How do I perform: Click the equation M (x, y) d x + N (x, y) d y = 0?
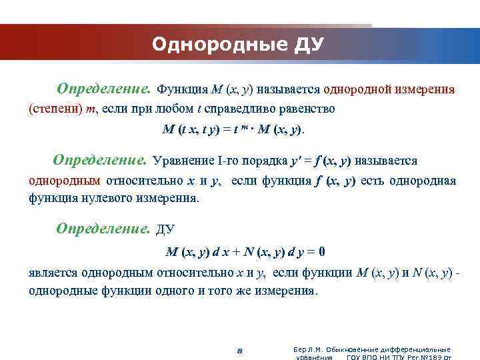tap(245, 253)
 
